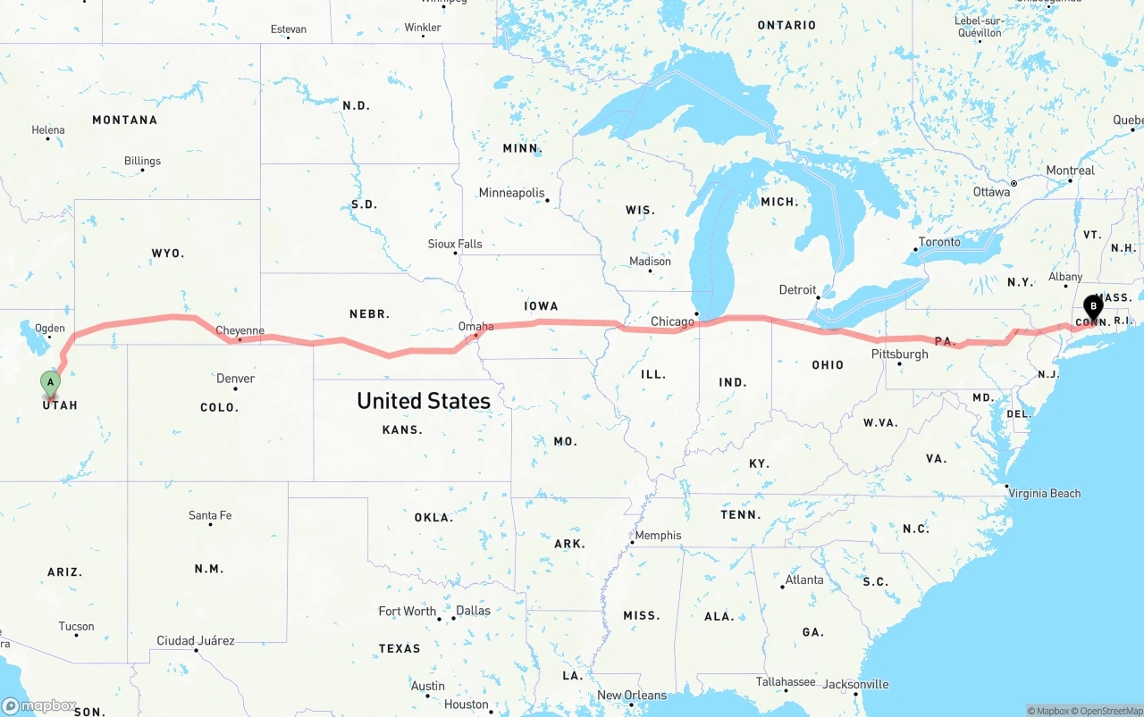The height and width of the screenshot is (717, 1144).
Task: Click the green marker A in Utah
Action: pos(51,383)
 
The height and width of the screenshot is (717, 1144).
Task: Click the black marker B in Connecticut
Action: pos(1093,306)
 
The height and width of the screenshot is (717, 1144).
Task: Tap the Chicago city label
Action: pos(672,321)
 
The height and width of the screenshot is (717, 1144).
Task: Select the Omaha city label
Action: pos(475,327)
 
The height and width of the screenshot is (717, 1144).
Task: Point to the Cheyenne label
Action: pos(240,330)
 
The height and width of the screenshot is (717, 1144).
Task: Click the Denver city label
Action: pos(236,379)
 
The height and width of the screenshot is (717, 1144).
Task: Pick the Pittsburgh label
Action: pos(899,354)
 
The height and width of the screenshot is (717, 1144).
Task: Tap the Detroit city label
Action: pos(797,289)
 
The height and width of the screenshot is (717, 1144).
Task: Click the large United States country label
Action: pos(424,401)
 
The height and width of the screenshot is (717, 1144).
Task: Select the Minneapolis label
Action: pos(511,193)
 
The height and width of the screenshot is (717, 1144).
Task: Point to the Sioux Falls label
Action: pos(455,244)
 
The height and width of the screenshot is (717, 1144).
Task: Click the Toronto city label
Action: pos(939,242)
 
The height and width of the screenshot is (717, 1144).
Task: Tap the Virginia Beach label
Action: pos(1044,493)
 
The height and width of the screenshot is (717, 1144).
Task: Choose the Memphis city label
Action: pos(658,536)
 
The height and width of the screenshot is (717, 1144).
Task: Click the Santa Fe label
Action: pos(210,515)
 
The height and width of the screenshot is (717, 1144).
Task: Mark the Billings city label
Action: pos(143,161)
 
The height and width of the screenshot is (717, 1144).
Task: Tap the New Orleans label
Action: pos(632,696)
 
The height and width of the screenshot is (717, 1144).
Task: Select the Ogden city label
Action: pos(50,328)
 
